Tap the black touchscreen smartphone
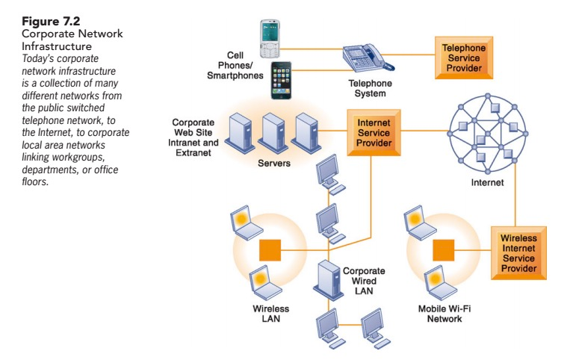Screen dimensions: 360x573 [281, 80]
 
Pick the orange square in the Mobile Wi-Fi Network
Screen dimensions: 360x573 [444, 247]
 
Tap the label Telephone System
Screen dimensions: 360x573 [366, 90]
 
